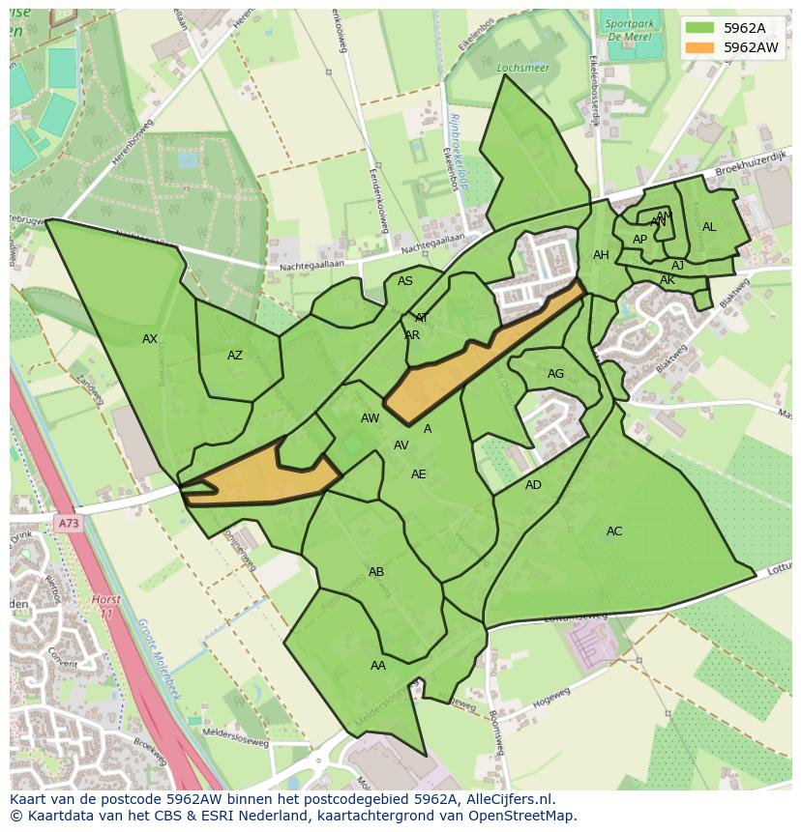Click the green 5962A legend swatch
point(699,28)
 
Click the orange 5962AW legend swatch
point(699,47)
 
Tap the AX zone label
point(150,339)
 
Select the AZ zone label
point(235,356)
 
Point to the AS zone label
point(405,281)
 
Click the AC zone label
point(614,531)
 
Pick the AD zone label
point(533,485)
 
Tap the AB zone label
point(376,572)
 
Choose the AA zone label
point(378,666)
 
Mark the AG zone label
point(555,374)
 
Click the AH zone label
point(601,255)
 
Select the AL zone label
point(709,227)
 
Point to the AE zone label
point(418,474)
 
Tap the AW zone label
point(370,418)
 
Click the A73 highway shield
point(68,524)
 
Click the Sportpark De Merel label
point(629,29)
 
